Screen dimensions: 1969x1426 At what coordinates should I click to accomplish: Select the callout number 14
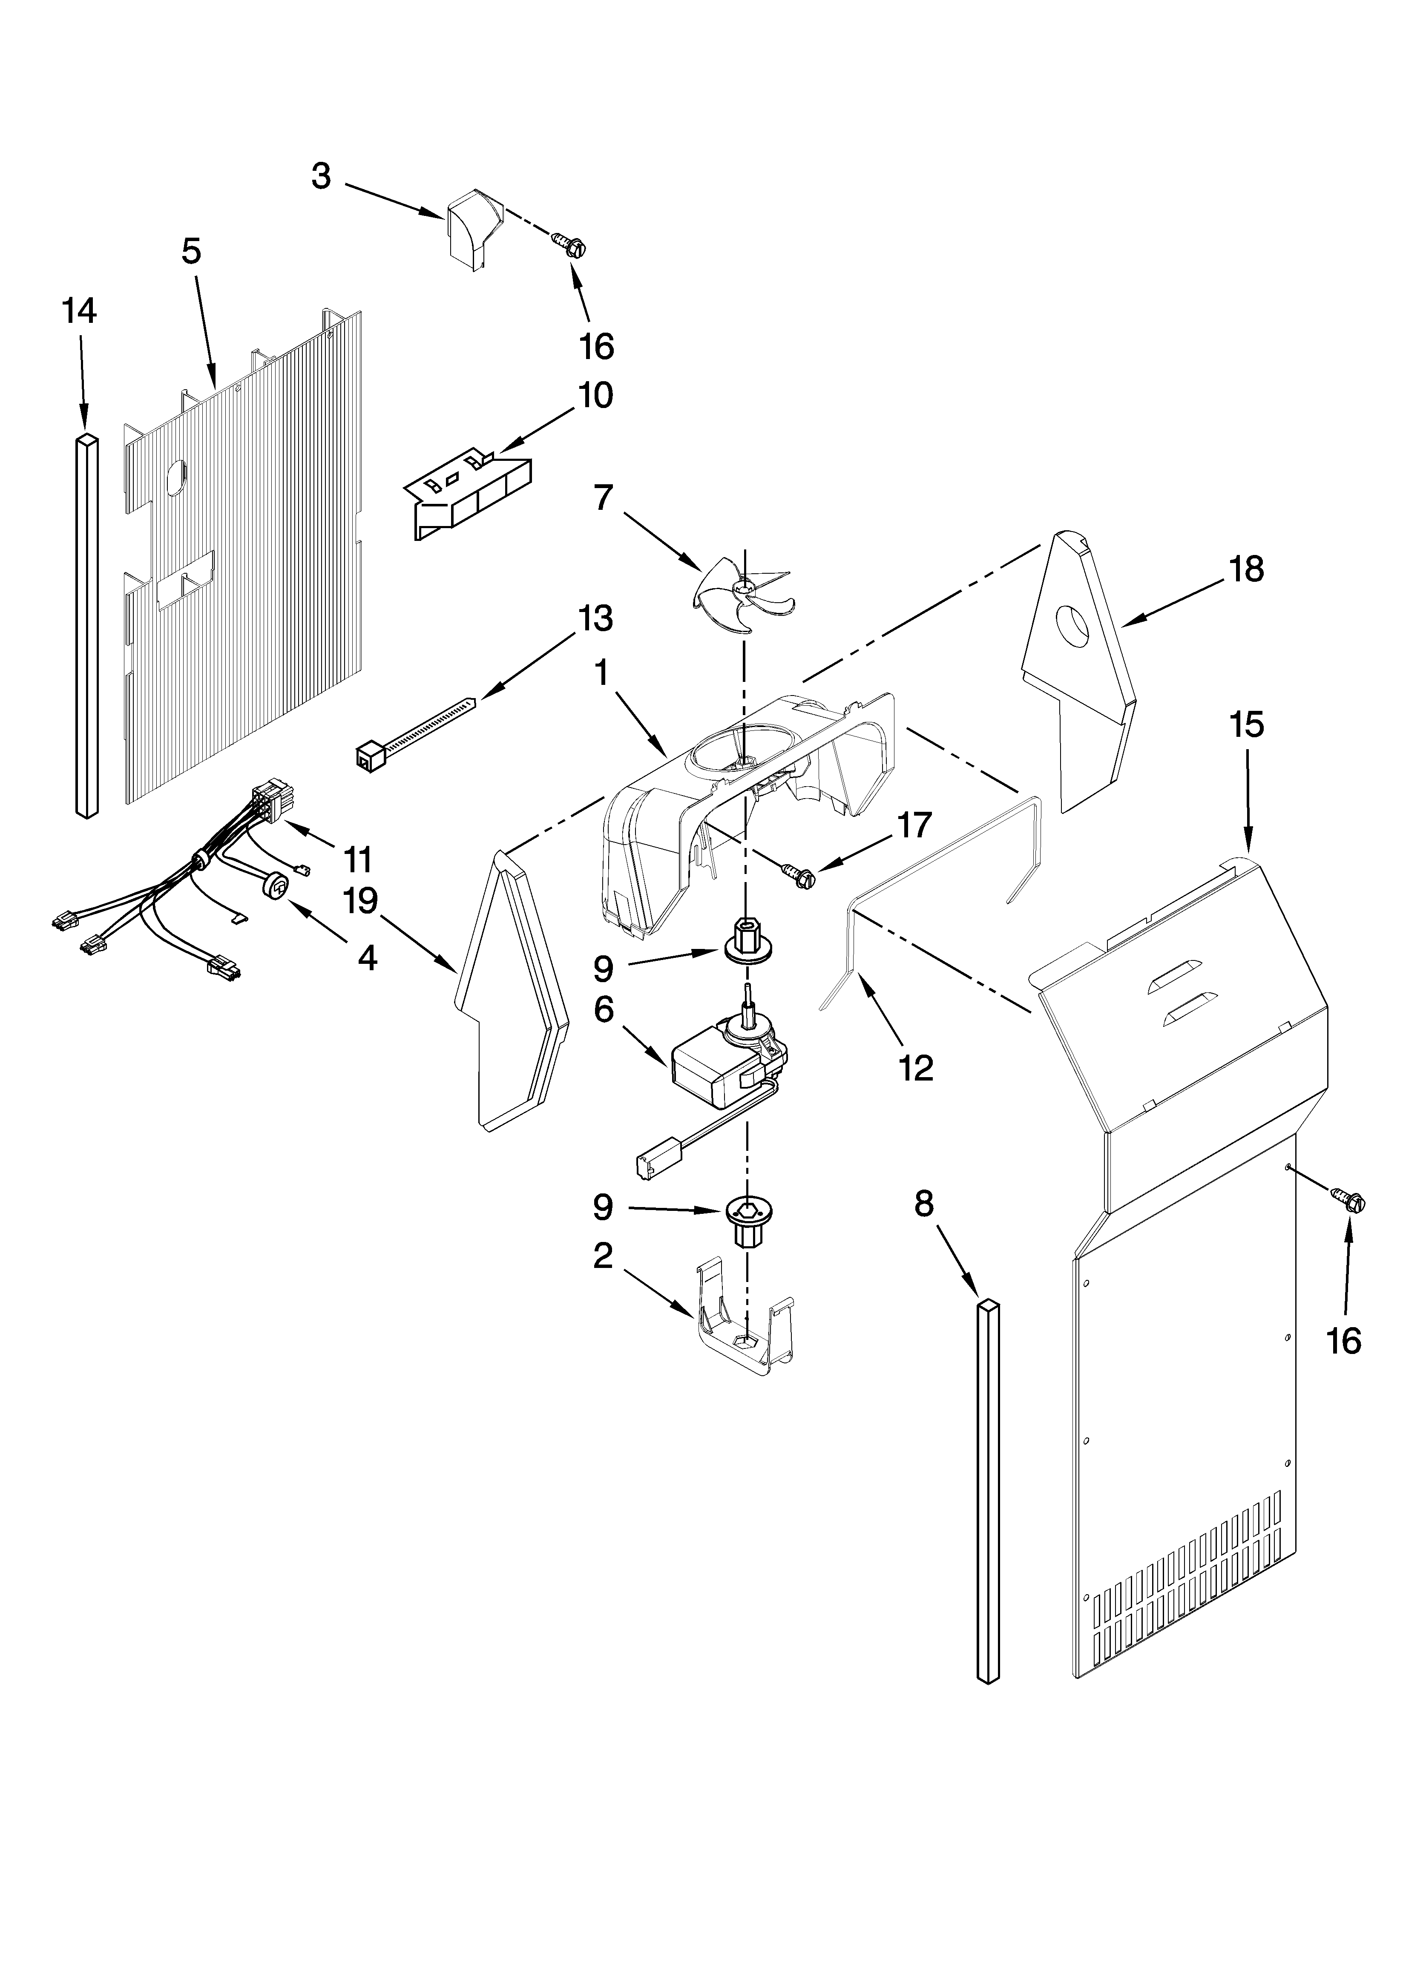[79, 311]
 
